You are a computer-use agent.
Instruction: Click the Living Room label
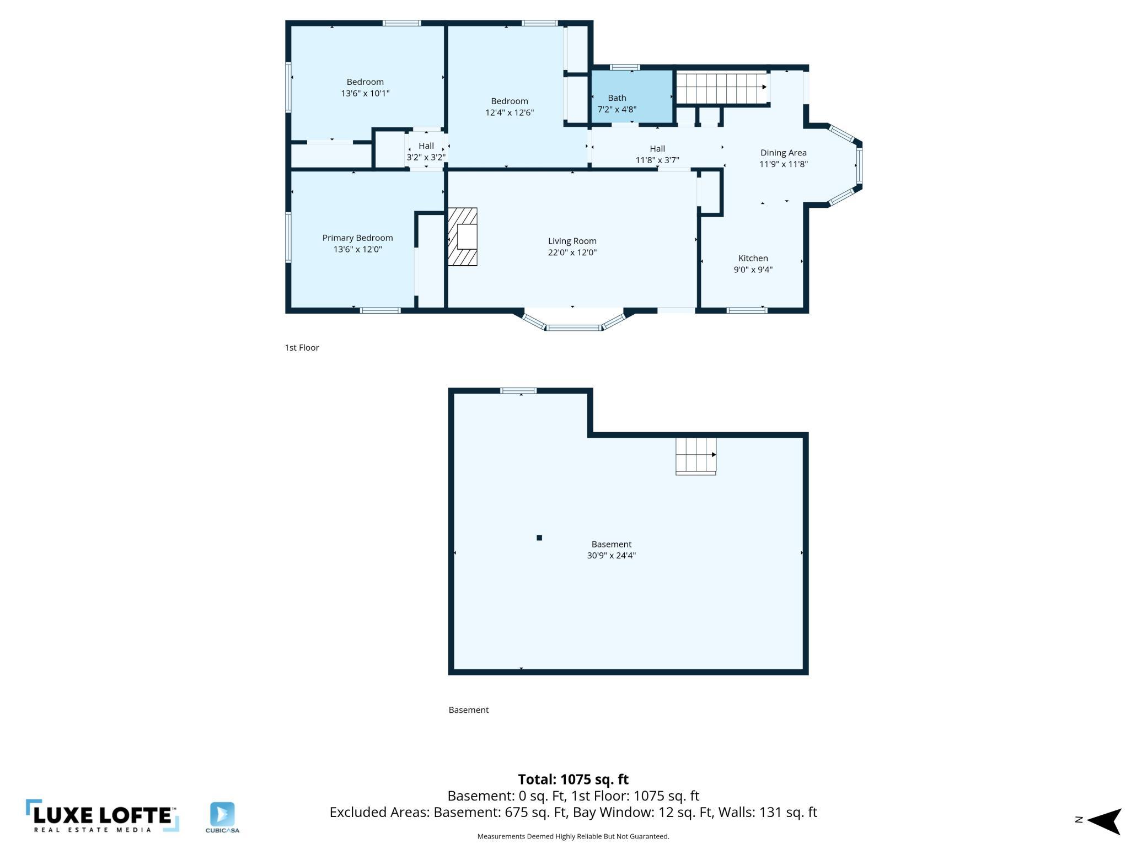(572, 241)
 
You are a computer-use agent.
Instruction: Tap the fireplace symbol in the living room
(462, 237)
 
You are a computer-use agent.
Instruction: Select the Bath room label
(617, 98)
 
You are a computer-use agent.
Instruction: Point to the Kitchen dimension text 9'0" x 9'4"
(753, 270)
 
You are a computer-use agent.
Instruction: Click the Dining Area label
(783, 153)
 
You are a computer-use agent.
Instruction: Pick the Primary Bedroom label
(357, 238)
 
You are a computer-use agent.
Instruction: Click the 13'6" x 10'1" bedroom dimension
(365, 93)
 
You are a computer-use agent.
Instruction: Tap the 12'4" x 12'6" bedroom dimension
(509, 112)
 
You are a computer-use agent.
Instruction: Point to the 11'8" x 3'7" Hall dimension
(657, 160)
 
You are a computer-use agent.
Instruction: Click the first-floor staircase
(721, 88)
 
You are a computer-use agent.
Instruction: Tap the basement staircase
(696, 456)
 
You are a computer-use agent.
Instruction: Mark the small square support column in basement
(539, 538)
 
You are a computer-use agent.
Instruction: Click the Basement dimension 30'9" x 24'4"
(611, 556)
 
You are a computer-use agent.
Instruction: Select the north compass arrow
(1104, 821)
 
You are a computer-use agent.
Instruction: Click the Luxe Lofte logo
(102, 816)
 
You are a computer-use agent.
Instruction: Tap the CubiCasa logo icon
(222, 815)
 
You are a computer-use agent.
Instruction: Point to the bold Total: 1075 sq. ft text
(573, 780)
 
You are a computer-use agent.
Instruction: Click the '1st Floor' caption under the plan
(302, 348)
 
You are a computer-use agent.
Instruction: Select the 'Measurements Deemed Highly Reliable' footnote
(573, 837)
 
